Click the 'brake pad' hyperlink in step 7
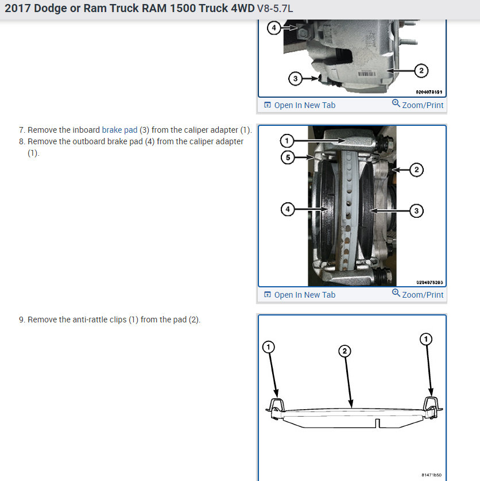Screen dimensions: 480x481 click(x=119, y=130)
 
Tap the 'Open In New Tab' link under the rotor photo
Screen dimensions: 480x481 click(x=300, y=295)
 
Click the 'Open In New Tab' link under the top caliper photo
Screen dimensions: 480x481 click(x=300, y=105)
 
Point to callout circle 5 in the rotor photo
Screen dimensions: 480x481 click(x=288, y=157)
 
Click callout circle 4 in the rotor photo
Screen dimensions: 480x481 click(x=288, y=210)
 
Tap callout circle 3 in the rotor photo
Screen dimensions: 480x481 click(x=416, y=211)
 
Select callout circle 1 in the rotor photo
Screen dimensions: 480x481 click(x=287, y=141)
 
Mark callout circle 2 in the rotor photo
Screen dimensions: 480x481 click(x=416, y=170)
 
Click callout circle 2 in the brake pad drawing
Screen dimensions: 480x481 click(x=344, y=351)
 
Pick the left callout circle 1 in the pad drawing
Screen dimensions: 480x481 click(x=269, y=347)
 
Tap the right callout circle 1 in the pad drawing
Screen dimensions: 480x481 click(x=426, y=339)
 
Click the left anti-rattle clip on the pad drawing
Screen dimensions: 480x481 click(x=275, y=409)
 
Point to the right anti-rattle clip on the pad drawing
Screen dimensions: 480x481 click(x=432, y=407)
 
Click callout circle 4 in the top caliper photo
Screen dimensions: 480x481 click(x=274, y=28)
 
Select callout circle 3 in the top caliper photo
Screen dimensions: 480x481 click(x=295, y=79)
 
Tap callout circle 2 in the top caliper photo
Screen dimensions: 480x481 click(x=421, y=71)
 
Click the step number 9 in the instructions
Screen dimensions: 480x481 click(x=21, y=320)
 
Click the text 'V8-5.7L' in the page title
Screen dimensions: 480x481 click(x=275, y=9)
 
